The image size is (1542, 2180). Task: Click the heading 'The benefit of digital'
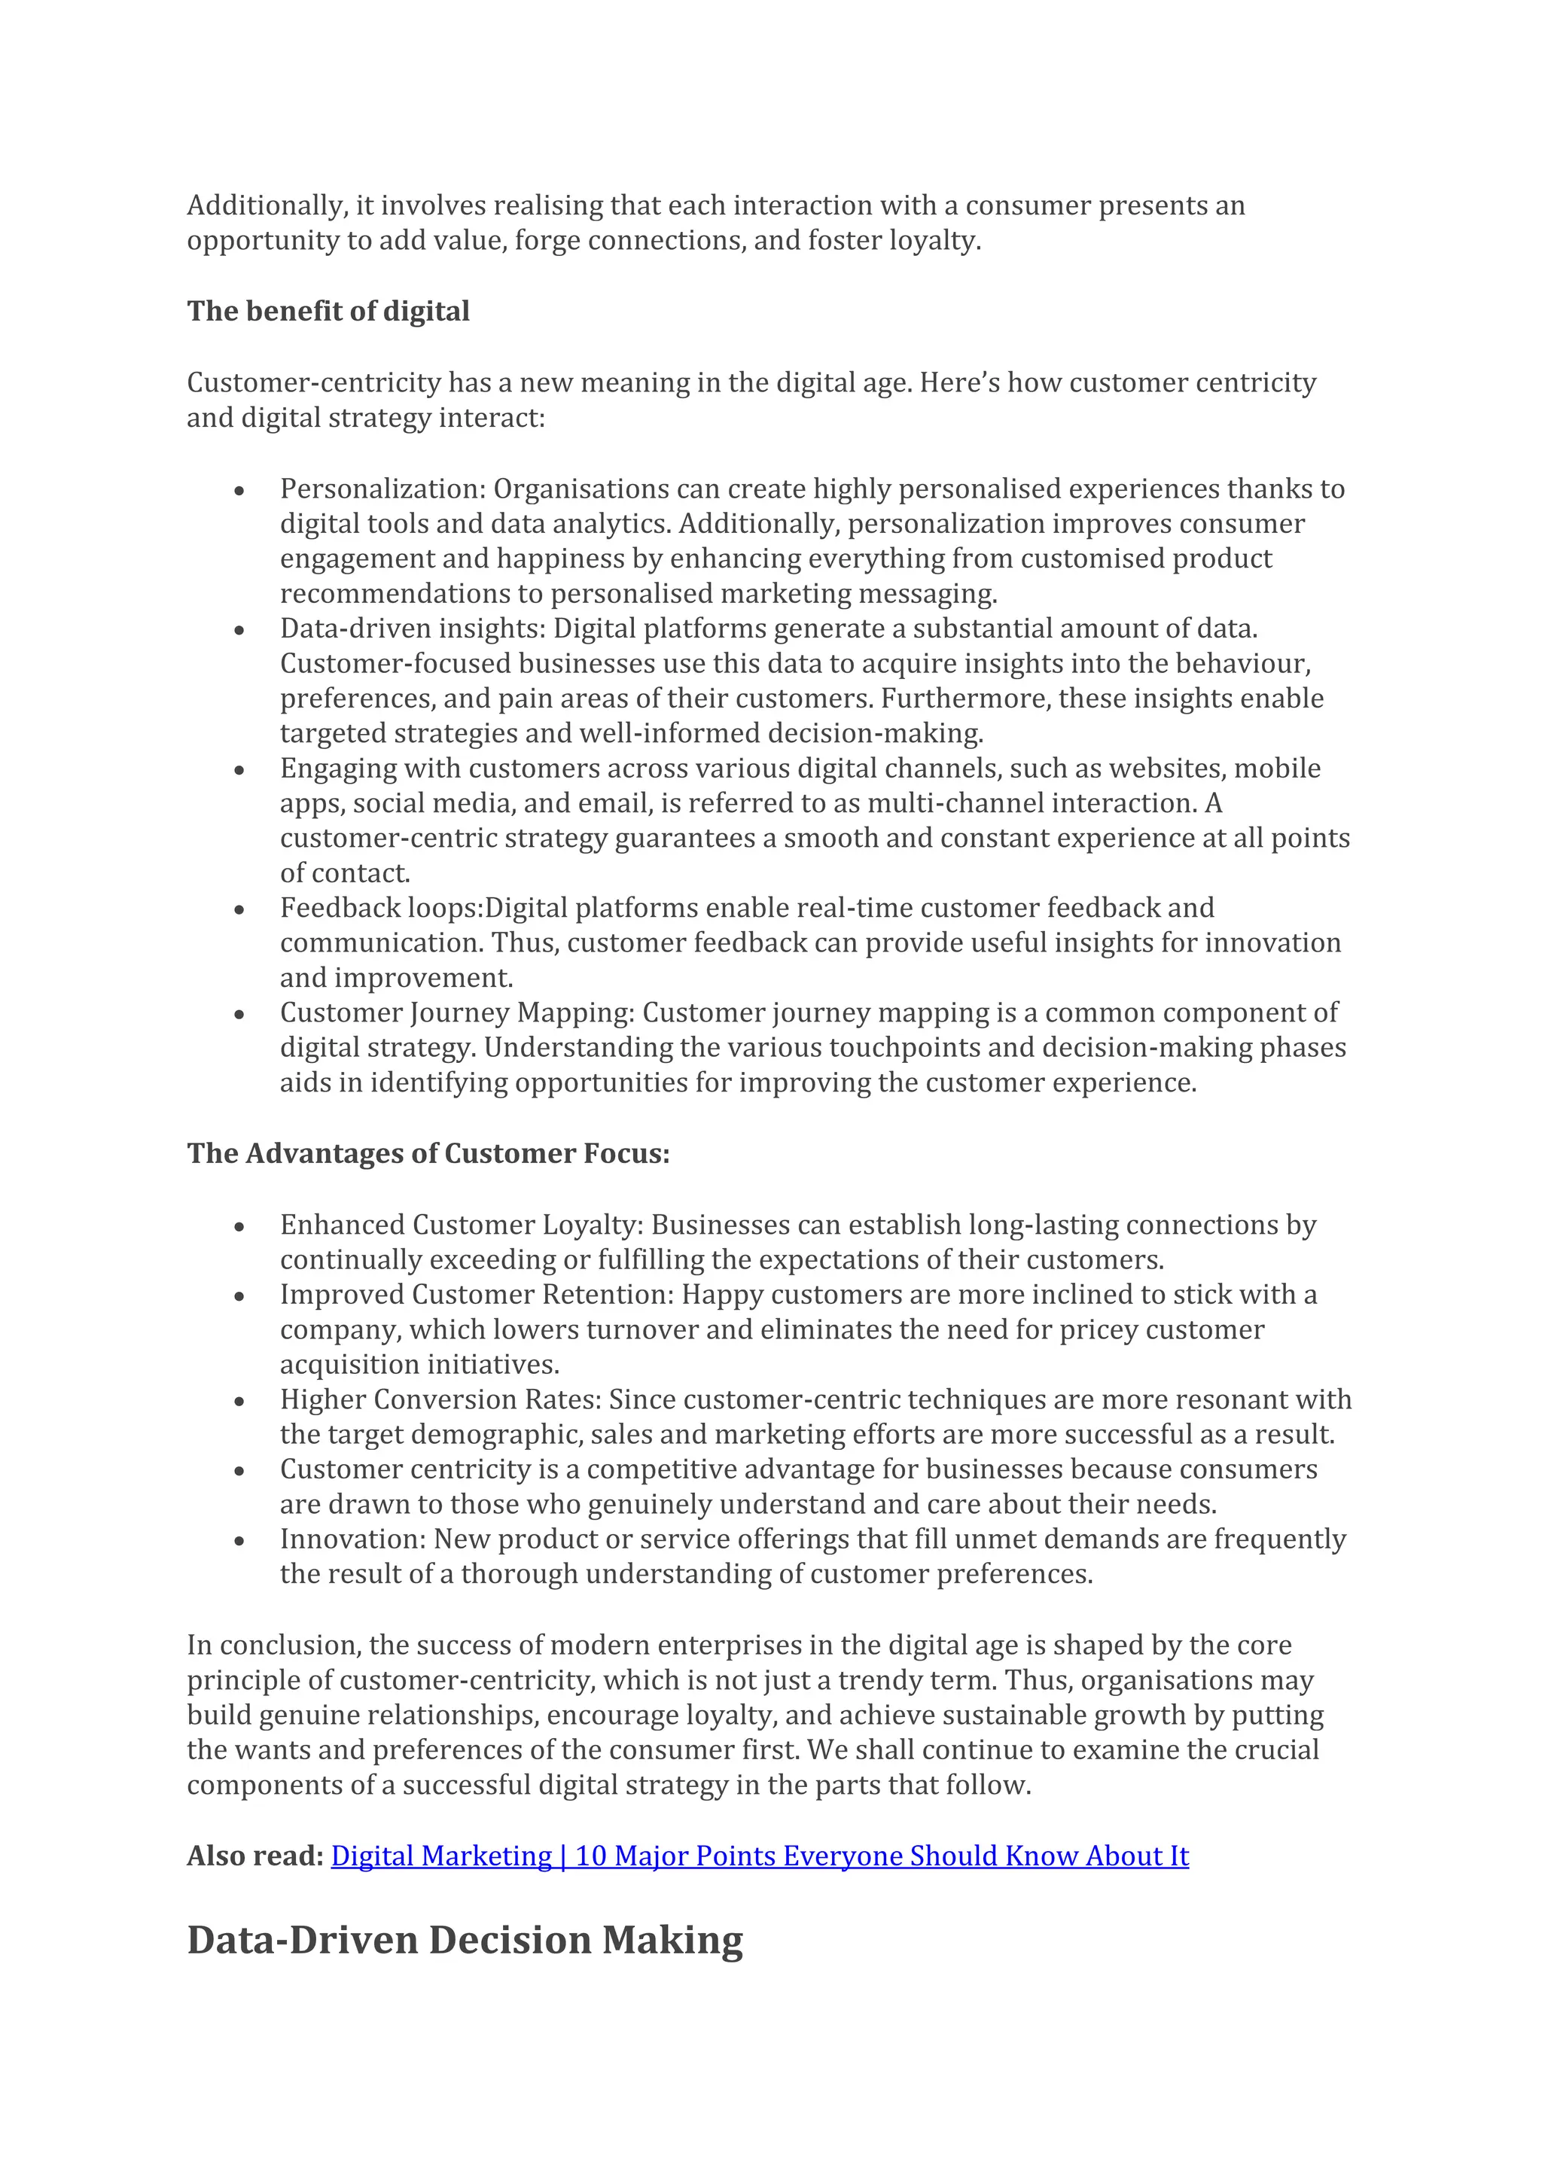pos(328,312)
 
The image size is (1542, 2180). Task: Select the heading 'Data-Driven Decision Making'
pos(465,1940)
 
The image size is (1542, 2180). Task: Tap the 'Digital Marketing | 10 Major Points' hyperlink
pos(759,1856)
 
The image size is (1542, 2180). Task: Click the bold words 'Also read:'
pos(254,1856)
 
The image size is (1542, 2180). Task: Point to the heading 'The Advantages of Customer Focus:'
pos(428,1154)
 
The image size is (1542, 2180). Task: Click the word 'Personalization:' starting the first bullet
pos(382,489)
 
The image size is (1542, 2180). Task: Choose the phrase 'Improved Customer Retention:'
pos(477,1295)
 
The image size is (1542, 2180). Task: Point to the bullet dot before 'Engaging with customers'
pos(239,770)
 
